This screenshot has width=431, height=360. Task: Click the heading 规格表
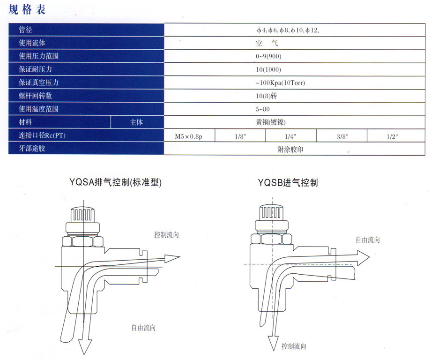tap(27, 10)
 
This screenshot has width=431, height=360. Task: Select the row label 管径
tap(25, 30)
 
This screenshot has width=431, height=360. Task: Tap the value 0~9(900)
tap(268, 56)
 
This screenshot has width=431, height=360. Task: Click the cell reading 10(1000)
tap(268, 69)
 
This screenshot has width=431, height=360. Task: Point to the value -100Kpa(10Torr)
tap(280, 82)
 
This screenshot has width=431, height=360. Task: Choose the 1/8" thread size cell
tap(240, 136)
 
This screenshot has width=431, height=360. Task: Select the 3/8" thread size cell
tap(342, 136)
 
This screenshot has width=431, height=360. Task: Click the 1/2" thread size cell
tap(392, 136)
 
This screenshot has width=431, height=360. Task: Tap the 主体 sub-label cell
tap(136, 122)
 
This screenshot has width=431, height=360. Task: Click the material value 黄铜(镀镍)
tap(271, 122)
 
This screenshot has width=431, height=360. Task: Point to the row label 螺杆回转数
tap(35, 96)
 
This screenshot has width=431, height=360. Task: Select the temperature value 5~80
tap(262, 109)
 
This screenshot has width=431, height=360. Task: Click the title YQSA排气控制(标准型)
tap(115, 182)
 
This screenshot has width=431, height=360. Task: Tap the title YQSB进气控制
tap(288, 182)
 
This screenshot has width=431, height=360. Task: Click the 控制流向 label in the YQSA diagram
tap(166, 234)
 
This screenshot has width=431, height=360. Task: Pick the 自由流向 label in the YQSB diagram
tap(368, 240)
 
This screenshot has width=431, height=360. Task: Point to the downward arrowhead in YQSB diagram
tap(273, 343)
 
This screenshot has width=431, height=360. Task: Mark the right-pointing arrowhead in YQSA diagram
tap(172, 258)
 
